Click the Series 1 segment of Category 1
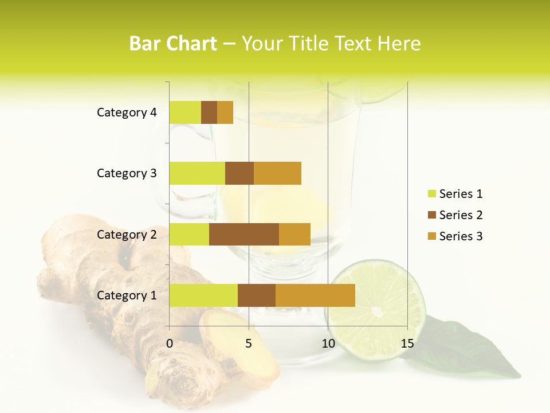pyautogui.click(x=203, y=295)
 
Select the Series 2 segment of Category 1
pyautogui.click(x=257, y=295)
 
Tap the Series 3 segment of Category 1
pyautogui.click(x=315, y=295)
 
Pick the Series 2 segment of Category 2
pyautogui.click(x=244, y=234)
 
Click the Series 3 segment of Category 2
pyautogui.click(x=294, y=234)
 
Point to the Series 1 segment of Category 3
pyautogui.click(x=197, y=173)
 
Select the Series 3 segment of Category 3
pyautogui.click(x=277, y=173)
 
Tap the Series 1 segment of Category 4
pyautogui.click(x=185, y=112)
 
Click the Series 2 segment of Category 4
pyautogui.click(x=209, y=112)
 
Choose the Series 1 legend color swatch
pyautogui.click(x=431, y=194)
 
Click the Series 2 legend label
pyautogui.click(x=461, y=215)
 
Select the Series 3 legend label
pyautogui.click(x=461, y=236)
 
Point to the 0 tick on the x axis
pyautogui.click(x=170, y=344)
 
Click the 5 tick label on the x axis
pyautogui.click(x=249, y=344)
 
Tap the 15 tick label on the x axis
pyautogui.click(x=407, y=344)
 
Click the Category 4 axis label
pyautogui.click(x=127, y=112)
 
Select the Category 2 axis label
pyautogui.click(x=127, y=234)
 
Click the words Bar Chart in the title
pyautogui.click(x=173, y=44)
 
